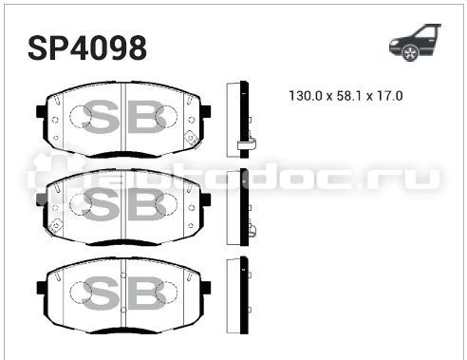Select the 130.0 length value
(306, 96)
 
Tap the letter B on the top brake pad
(150, 119)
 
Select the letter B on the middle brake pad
(150, 202)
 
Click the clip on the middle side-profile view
(251, 231)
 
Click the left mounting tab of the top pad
(41, 112)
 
